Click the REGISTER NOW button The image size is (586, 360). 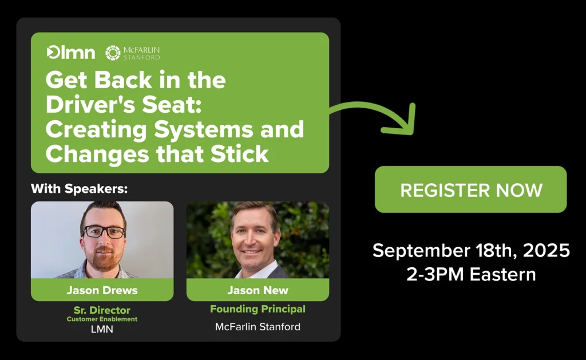coord(470,189)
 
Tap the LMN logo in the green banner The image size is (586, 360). coord(70,52)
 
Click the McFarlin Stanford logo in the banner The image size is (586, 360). coord(133,53)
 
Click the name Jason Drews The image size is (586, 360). coord(102,290)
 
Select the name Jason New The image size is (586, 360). coord(258,290)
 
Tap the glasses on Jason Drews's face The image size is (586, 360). coord(103,232)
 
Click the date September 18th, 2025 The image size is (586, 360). coord(471,250)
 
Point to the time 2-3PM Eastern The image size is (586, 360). coord(471,274)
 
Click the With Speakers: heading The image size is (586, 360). coord(79,188)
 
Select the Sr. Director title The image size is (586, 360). coord(102,310)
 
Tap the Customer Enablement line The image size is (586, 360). coord(102,319)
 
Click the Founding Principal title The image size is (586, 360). coord(258,309)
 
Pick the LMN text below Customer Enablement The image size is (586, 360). coord(102,329)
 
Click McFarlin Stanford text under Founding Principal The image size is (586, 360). coord(258,327)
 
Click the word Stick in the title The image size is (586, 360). coord(240,153)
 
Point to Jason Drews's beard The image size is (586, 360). coord(102,259)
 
